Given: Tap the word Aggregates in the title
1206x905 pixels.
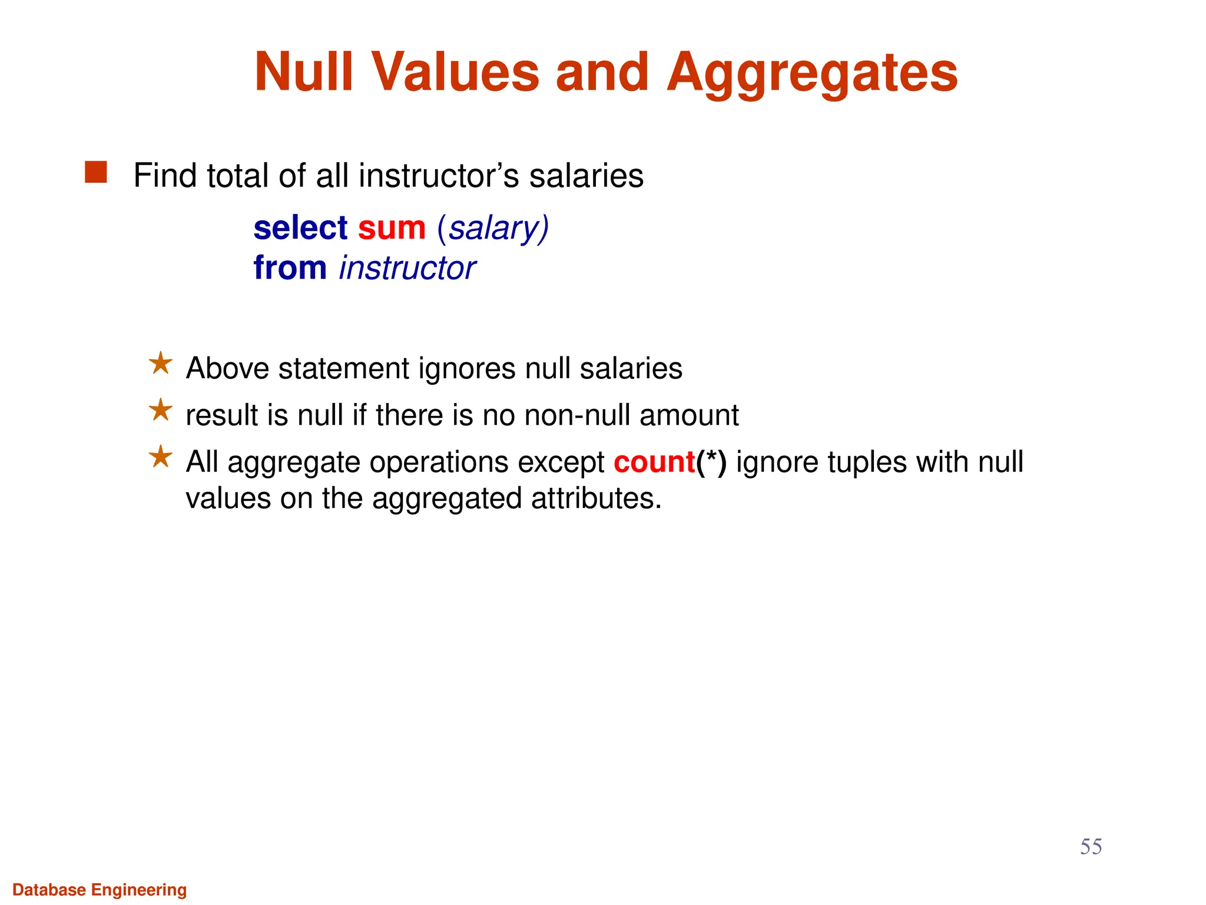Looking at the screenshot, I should click(x=812, y=73).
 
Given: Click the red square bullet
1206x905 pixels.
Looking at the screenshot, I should click(x=96, y=173).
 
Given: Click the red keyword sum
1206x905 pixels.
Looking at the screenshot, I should click(x=392, y=228).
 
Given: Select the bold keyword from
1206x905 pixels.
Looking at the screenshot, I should click(x=290, y=268).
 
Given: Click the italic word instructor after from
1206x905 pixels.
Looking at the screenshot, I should click(x=407, y=268).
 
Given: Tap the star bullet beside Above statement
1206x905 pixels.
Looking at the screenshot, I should click(x=160, y=364).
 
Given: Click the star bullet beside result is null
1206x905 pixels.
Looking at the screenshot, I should click(x=160, y=410).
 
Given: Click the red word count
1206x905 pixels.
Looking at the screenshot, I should click(x=654, y=462).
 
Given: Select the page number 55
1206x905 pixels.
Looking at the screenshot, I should click(x=1091, y=847).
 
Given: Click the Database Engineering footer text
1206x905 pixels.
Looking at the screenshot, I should click(x=100, y=890).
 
